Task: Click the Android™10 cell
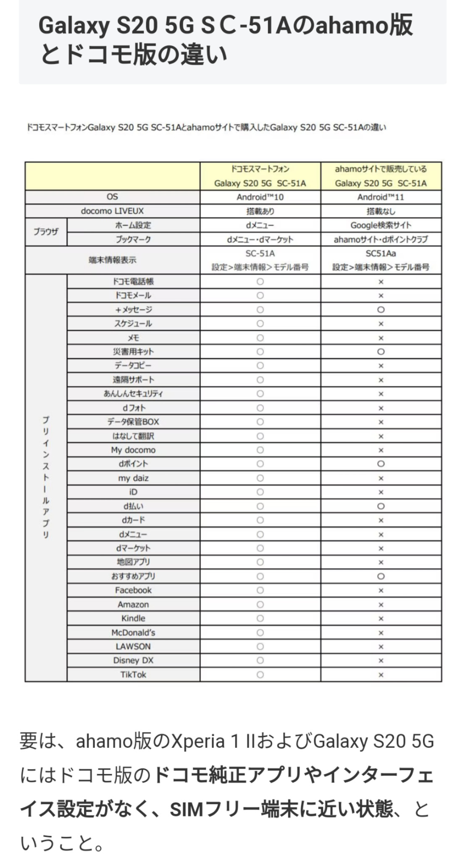[x=260, y=197]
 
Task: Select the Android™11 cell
[x=381, y=197]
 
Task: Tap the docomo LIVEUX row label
[x=112, y=211]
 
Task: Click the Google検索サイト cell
[x=381, y=225]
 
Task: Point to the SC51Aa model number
[x=381, y=253]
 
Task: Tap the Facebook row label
[x=133, y=590]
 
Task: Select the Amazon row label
[x=133, y=604]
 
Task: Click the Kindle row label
[x=133, y=618]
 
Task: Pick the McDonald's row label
[x=133, y=632]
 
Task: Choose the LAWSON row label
[x=133, y=646]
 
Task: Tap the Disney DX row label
[x=133, y=660]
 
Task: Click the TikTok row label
[x=133, y=674]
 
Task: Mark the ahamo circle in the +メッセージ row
[x=381, y=310]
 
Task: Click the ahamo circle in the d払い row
[x=381, y=506]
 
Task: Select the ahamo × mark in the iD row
[x=381, y=492]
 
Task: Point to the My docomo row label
[x=133, y=450]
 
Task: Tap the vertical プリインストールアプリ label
[x=46, y=477]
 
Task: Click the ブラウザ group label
[x=46, y=232]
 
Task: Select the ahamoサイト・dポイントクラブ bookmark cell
[x=381, y=239]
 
